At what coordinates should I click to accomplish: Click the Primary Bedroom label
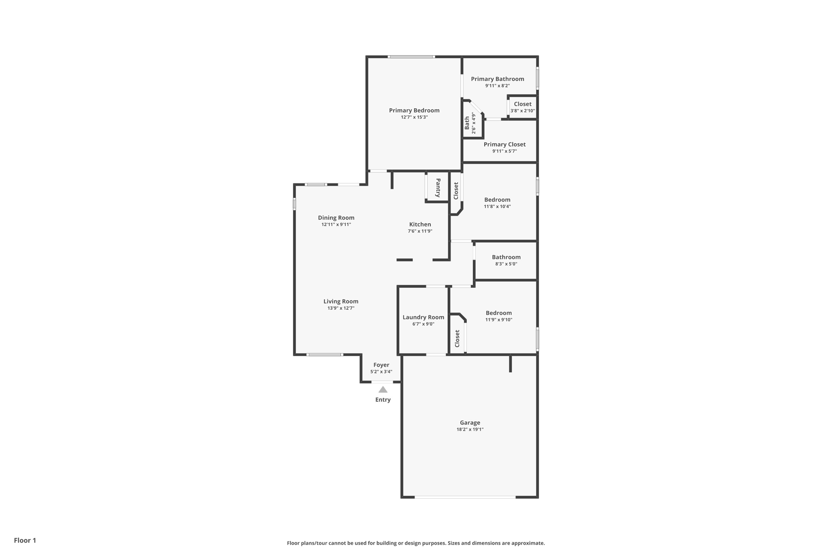pos(414,110)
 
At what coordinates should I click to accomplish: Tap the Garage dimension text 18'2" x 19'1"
pos(470,429)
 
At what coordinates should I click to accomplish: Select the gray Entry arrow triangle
pos(383,390)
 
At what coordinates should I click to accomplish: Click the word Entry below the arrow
pos(383,400)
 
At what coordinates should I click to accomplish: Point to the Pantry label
pos(438,188)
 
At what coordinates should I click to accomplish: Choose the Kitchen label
pos(420,224)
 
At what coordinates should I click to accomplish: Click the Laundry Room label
pos(423,317)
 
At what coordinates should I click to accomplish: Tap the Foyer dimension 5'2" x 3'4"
pos(381,372)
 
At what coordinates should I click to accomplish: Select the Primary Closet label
pos(504,144)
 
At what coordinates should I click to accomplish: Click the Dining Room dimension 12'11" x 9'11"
pos(336,224)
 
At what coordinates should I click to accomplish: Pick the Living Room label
pos(340,302)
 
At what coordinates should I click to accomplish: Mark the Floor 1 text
pos(25,541)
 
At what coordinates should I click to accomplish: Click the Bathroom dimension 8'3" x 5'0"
pos(506,264)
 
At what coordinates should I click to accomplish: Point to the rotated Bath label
pos(467,123)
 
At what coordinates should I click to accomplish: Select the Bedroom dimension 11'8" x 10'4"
pos(497,207)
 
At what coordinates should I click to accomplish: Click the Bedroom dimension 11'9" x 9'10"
pos(498,320)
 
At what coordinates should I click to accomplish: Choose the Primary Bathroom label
pos(497,79)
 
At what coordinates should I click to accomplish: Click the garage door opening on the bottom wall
pos(465,497)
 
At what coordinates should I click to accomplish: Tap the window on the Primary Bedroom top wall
pos(411,57)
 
